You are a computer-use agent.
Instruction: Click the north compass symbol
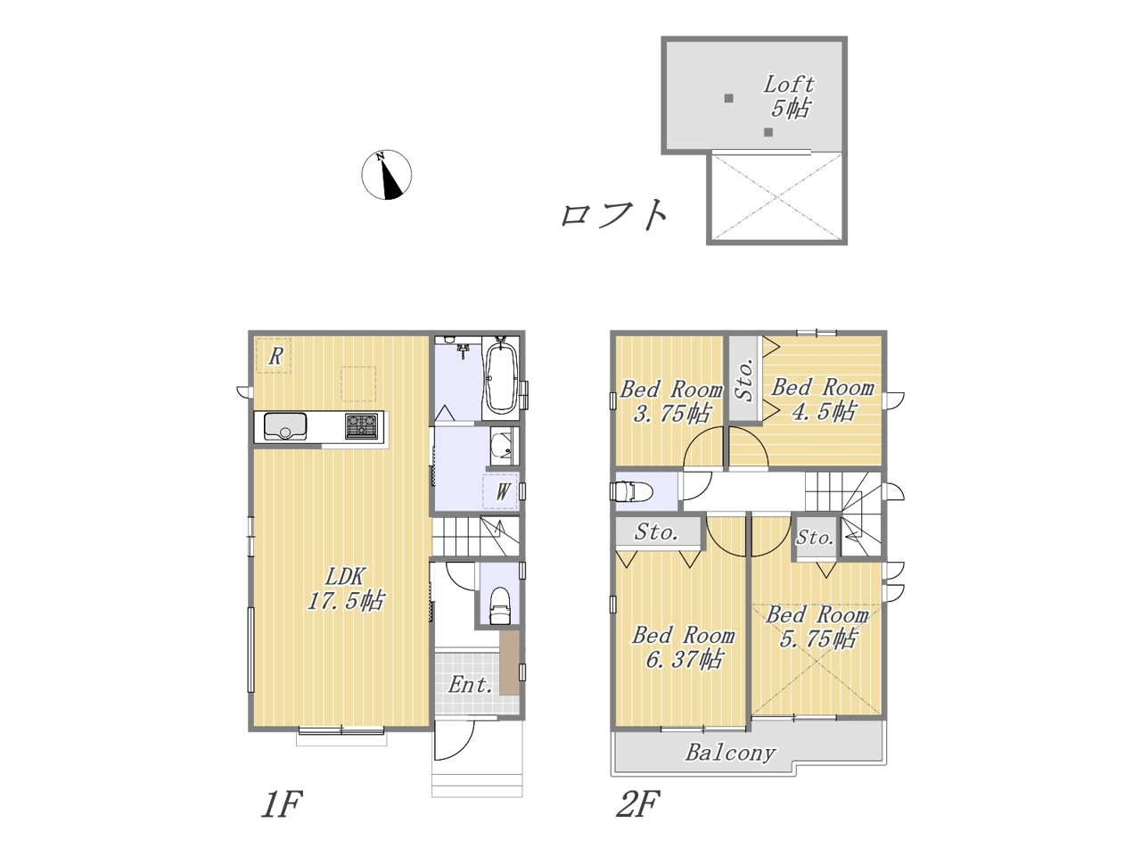[386, 175]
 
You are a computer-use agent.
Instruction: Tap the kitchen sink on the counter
[285, 425]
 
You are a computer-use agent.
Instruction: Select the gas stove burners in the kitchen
[361, 425]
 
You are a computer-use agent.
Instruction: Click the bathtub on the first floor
[501, 375]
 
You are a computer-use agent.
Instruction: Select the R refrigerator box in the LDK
[274, 356]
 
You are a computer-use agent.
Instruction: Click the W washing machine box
[499, 491]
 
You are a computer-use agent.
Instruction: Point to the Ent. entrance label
[470, 685]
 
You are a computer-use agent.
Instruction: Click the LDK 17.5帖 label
[345, 588]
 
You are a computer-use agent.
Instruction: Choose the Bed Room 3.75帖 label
[670, 401]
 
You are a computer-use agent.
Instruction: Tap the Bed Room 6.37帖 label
[683, 647]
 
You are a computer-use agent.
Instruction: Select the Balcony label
[730, 753]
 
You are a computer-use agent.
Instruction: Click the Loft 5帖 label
[789, 96]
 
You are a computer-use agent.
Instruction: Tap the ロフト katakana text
[614, 215]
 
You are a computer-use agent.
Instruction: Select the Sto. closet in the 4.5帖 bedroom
[744, 379]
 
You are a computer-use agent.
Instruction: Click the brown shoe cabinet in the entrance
[509, 663]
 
